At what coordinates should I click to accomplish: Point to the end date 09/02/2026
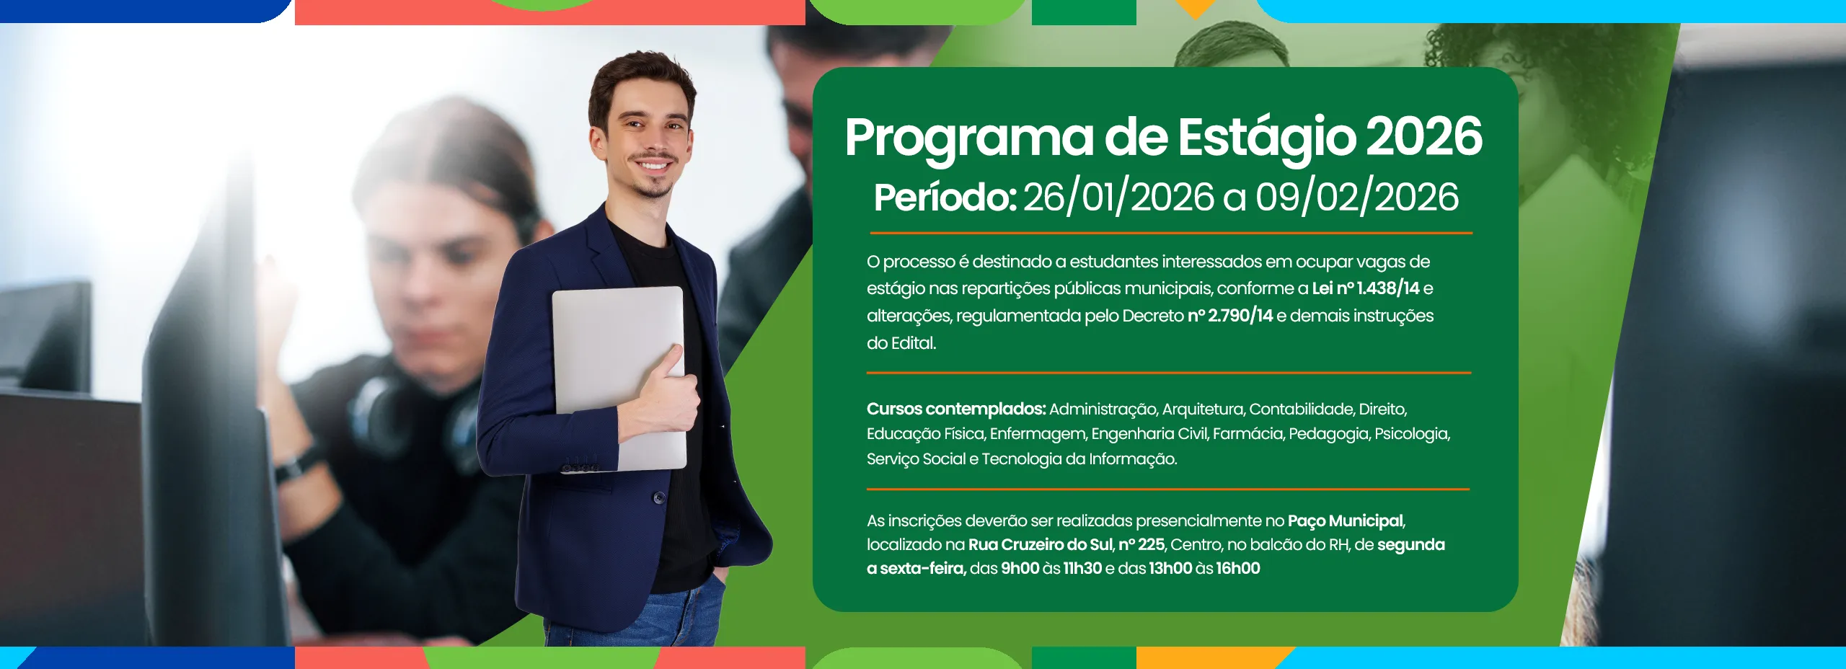1357,198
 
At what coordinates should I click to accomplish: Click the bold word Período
945,198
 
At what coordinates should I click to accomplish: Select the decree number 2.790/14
1230,316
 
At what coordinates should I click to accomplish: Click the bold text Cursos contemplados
956,409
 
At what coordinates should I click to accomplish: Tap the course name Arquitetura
1203,409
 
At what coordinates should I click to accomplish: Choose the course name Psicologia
1411,434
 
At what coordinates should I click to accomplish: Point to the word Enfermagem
1038,434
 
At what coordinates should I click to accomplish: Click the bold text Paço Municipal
1346,520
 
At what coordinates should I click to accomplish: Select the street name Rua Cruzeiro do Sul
1040,544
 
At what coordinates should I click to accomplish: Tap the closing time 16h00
1238,568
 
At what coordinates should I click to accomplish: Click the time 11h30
1082,568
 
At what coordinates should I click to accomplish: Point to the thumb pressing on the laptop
674,360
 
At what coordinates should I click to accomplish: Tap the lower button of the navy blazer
659,497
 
